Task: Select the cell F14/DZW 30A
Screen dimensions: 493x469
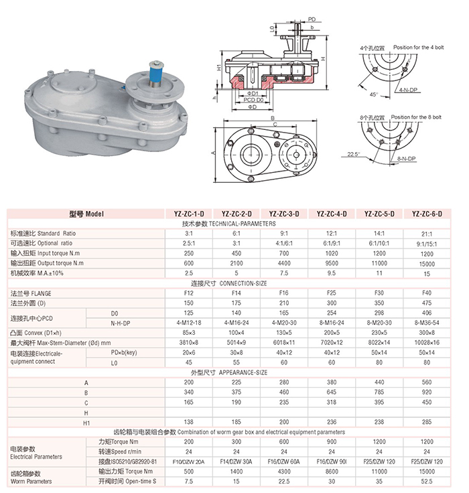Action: coord(237,462)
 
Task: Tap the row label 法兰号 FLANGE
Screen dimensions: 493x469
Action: coord(40,293)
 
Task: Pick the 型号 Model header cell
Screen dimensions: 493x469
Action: coord(86,214)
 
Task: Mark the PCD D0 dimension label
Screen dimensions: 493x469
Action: coord(253,99)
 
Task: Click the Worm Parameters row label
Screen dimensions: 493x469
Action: coord(32,481)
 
